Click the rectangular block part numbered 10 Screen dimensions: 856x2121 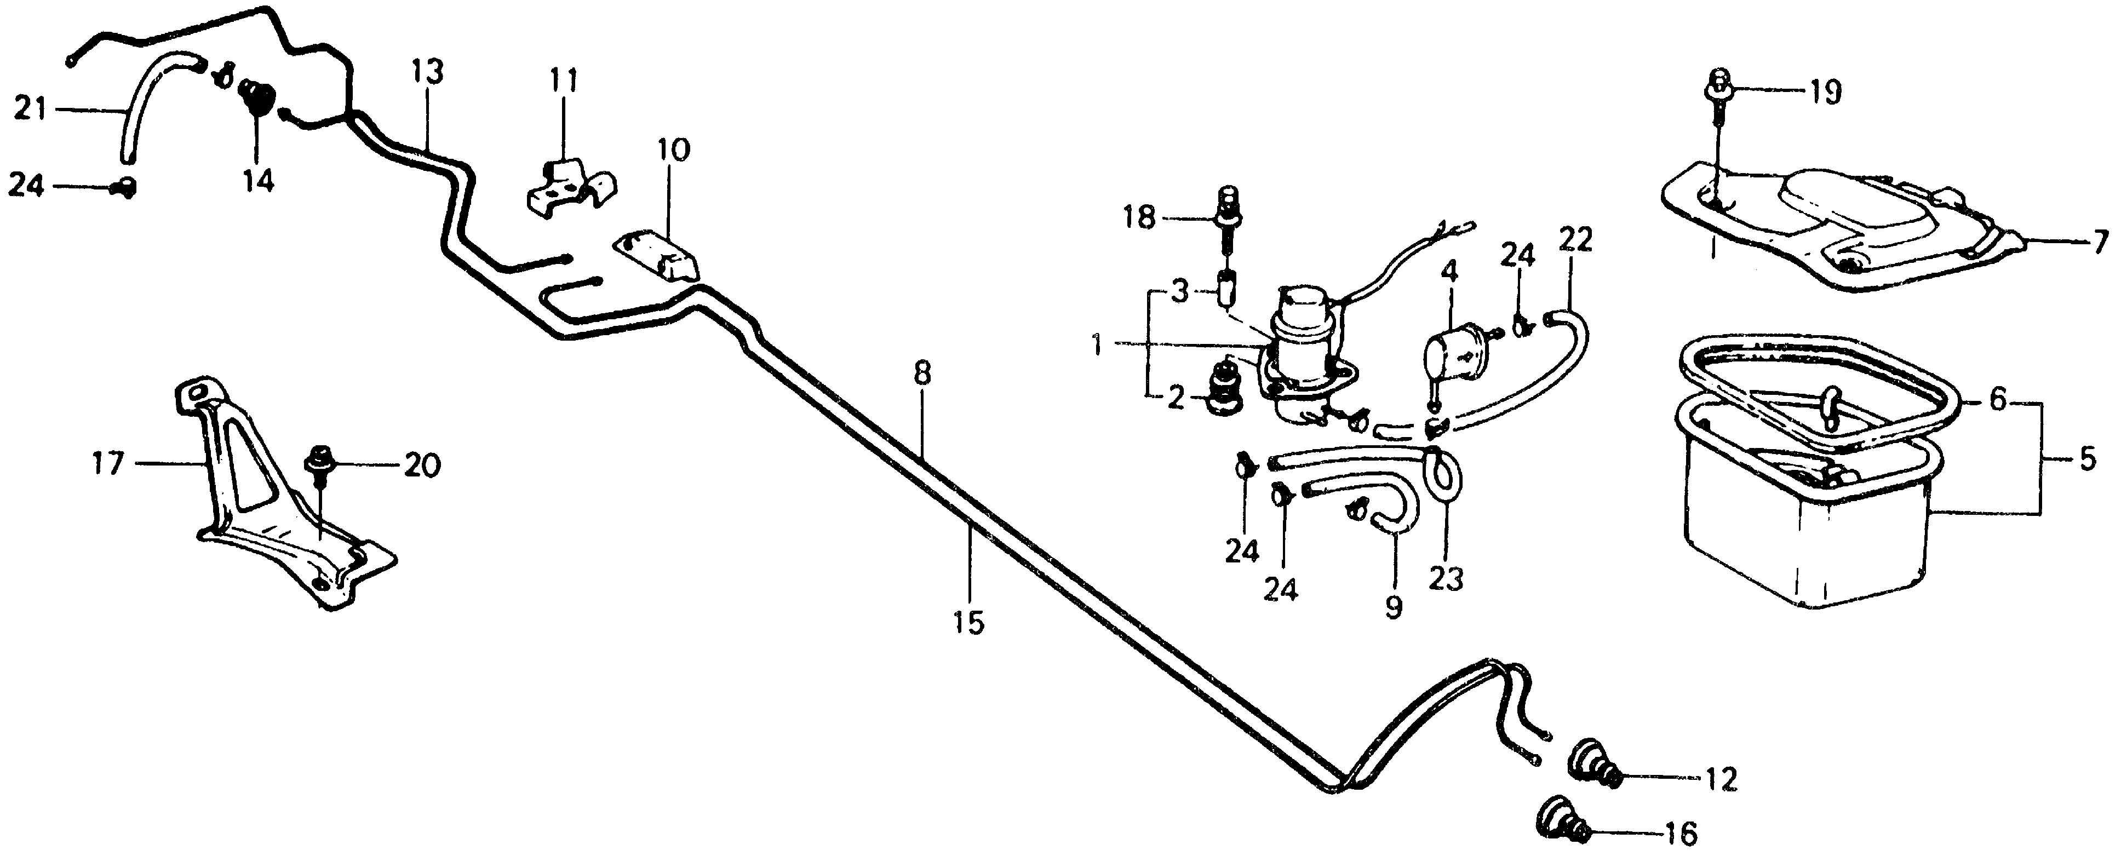tap(658, 256)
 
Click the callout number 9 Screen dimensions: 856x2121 tap(1392, 607)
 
